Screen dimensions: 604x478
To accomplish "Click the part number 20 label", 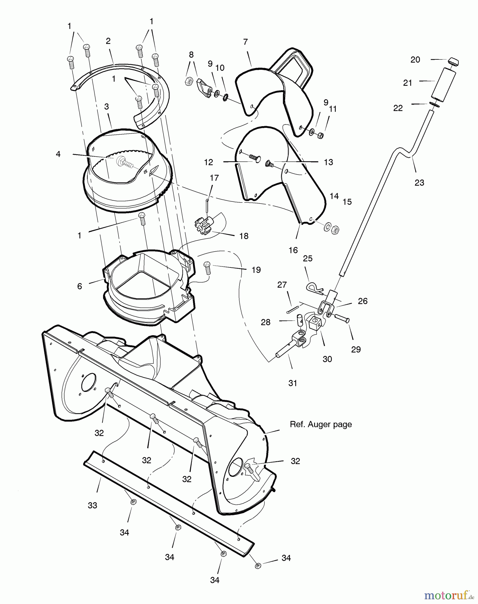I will pos(415,60).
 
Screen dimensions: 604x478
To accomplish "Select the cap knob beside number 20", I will pos(453,62).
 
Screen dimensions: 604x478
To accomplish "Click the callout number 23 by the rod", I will pos(419,183).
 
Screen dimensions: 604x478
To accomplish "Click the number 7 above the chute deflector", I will pos(245,42).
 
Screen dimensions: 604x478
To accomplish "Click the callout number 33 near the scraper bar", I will pos(92,505).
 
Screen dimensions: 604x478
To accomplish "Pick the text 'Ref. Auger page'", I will pos(320,424).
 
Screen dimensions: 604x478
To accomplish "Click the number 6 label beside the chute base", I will pos(80,286).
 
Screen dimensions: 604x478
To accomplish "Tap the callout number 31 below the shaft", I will pos(293,383).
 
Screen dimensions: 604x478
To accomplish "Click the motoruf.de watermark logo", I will pos(446,596).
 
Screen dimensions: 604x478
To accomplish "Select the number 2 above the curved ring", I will pos(108,41).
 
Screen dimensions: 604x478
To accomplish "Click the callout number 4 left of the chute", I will pos(58,154).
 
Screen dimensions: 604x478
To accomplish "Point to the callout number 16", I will pos(293,250).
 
